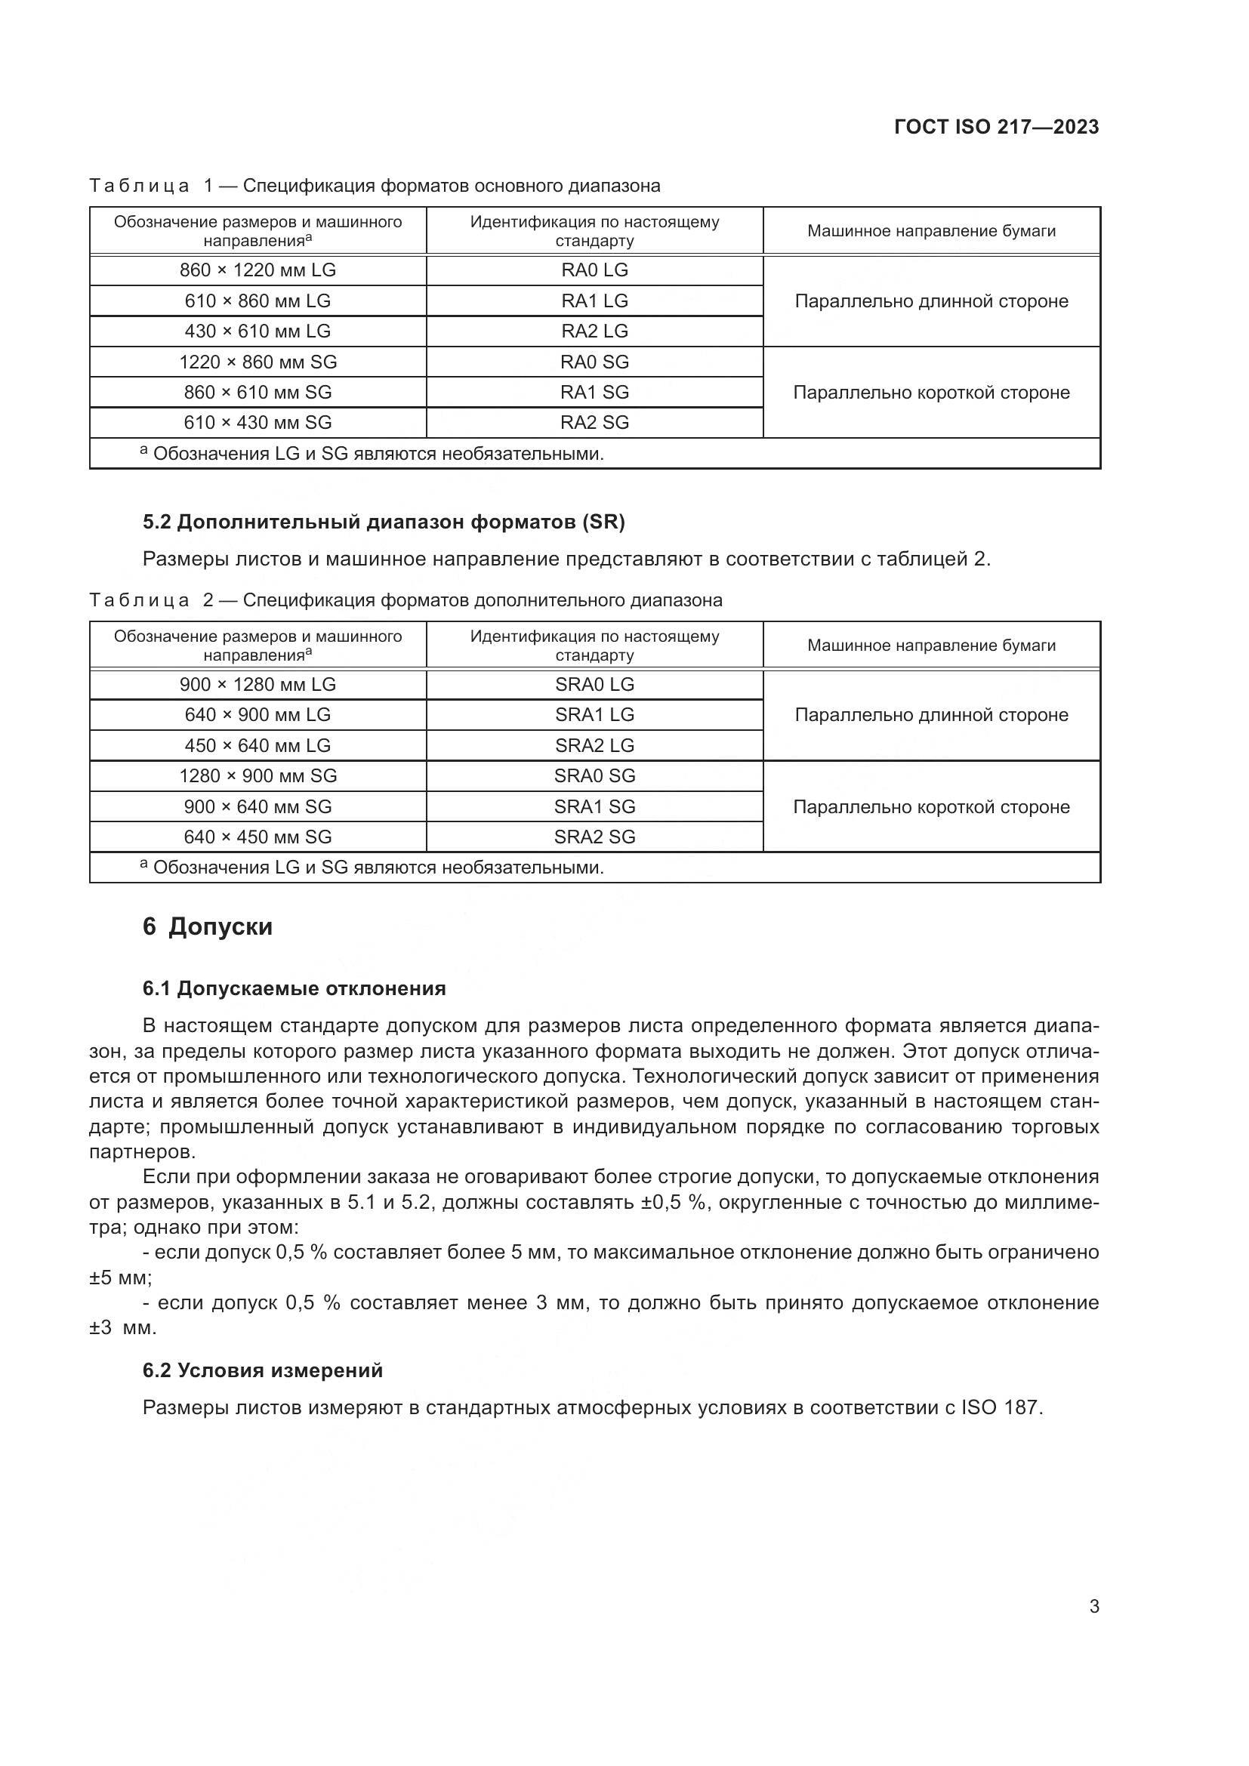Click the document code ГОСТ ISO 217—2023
tap(996, 127)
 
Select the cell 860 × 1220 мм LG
tap(258, 270)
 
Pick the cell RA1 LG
tap(594, 300)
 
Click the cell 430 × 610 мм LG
tap(258, 331)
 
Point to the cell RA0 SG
tap(594, 362)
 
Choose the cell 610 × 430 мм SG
tap(258, 422)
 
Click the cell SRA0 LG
tap(594, 685)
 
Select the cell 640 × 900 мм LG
tap(258, 714)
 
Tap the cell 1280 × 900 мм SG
tap(258, 775)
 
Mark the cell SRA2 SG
tap(594, 837)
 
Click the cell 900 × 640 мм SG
tap(258, 806)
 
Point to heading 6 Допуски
tap(208, 927)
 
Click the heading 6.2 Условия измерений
tap(262, 1370)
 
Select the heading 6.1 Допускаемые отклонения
tap(294, 988)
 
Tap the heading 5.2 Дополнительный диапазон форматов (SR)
tap(384, 522)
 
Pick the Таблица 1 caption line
tap(375, 186)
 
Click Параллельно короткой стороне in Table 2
tap(931, 807)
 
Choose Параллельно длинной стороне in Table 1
tap(931, 300)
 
